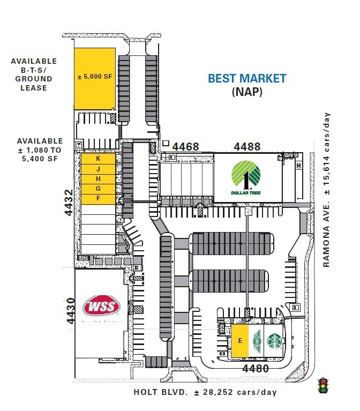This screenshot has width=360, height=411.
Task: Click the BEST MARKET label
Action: (x=247, y=78)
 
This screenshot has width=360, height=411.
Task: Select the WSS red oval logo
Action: (x=101, y=307)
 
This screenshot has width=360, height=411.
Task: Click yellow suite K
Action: (x=98, y=159)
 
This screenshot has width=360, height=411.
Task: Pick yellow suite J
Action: (x=98, y=169)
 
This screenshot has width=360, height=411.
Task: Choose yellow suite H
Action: (x=98, y=178)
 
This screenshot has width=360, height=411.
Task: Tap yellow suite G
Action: (x=98, y=189)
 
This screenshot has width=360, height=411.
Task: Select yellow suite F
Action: (x=98, y=198)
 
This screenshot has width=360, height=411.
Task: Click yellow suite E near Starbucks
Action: (x=240, y=340)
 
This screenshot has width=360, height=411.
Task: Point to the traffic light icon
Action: (x=323, y=385)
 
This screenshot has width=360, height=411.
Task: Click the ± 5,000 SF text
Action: (x=95, y=77)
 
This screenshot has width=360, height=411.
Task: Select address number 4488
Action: (x=247, y=146)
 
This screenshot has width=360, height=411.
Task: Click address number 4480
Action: (x=256, y=368)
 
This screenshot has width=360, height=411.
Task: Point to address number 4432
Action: (x=69, y=202)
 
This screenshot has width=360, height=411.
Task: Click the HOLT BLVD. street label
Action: (x=161, y=392)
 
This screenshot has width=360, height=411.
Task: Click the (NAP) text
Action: (x=247, y=92)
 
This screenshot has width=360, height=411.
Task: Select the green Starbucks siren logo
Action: (x=274, y=340)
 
